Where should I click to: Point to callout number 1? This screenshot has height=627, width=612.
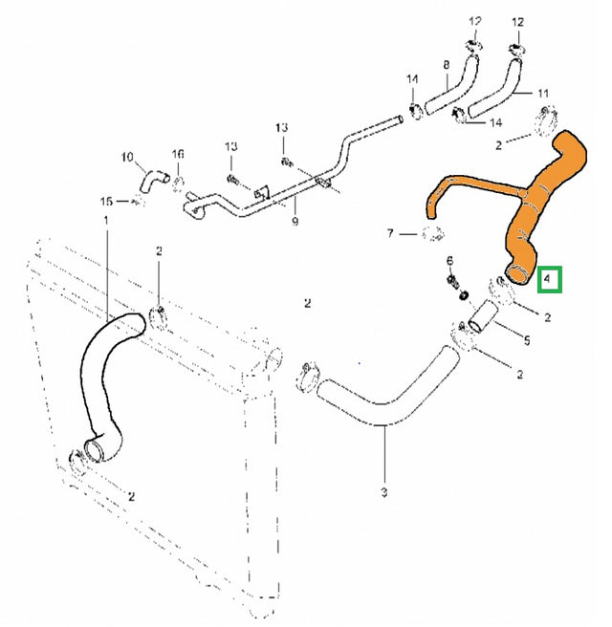click(x=105, y=221)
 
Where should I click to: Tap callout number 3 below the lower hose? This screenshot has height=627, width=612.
click(x=384, y=492)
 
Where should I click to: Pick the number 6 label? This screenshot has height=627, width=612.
click(x=449, y=262)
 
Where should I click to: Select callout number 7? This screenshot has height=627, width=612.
click(x=390, y=233)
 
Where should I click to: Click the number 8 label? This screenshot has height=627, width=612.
click(x=446, y=65)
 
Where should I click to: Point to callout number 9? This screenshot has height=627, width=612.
click(x=295, y=221)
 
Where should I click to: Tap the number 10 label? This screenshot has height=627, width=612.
click(x=127, y=156)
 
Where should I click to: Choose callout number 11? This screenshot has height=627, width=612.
click(x=543, y=93)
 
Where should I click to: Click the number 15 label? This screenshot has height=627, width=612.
click(x=107, y=201)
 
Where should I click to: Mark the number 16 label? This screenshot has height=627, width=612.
click(x=177, y=155)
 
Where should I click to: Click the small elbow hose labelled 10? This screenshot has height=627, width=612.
click(x=153, y=179)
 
